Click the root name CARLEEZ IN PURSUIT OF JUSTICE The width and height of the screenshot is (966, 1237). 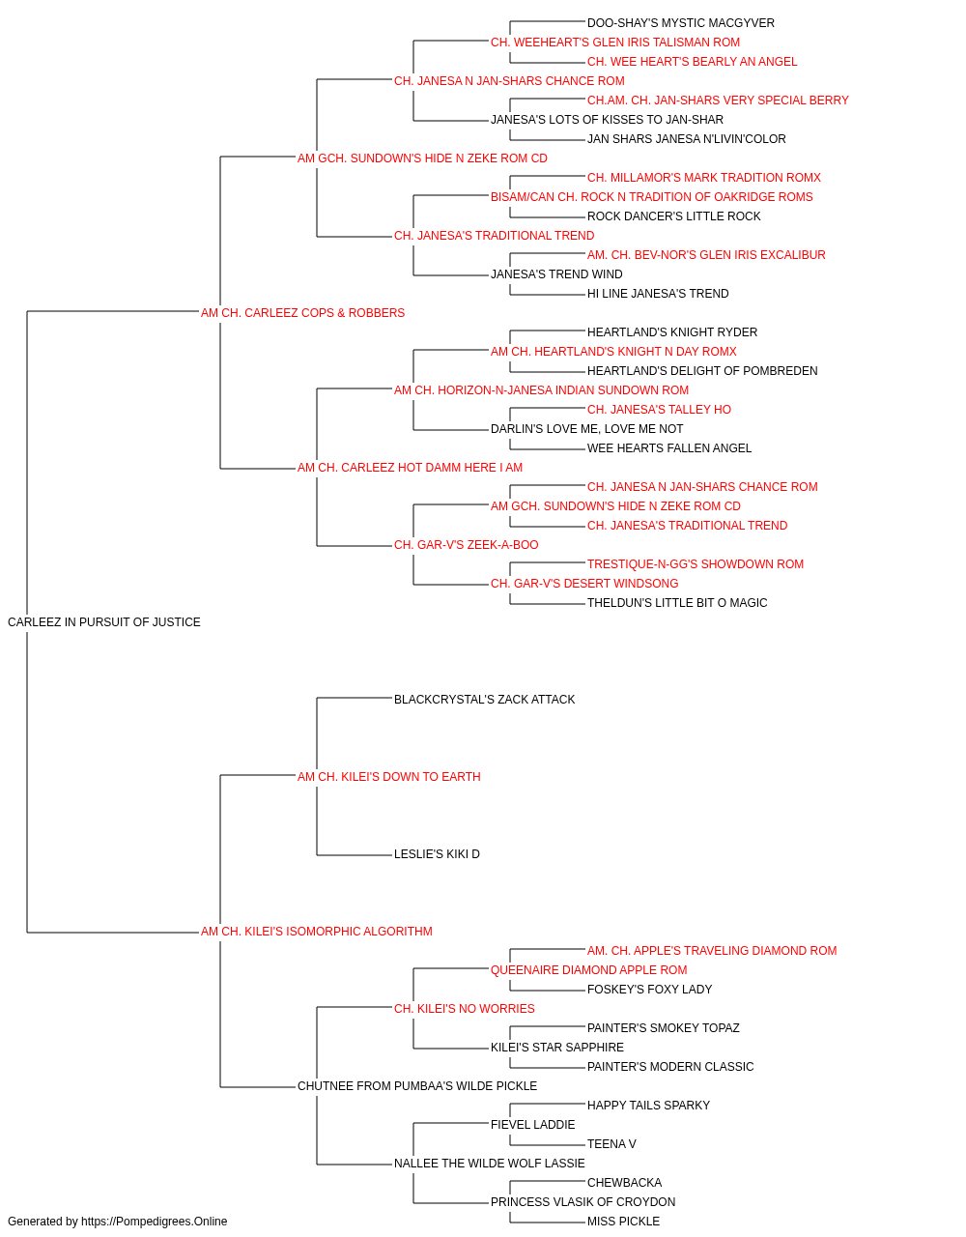[104, 622]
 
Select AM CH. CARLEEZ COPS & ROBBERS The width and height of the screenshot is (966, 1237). [302, 313]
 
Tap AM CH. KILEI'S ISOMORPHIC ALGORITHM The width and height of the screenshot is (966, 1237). [316, 932]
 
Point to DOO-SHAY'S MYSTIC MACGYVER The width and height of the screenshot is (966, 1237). [680, 23]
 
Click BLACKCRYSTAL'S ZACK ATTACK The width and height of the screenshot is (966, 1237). [484, 700]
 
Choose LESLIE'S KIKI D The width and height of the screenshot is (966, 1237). [437, 854]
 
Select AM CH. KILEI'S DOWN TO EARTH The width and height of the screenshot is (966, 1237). [388, 777]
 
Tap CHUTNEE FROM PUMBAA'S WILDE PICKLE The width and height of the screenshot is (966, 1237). [417, 1086]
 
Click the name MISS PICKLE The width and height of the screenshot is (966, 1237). [623, 1222]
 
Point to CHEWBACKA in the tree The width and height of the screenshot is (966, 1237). [624, 1183]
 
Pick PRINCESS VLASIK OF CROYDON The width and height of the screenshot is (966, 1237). [582, 1202]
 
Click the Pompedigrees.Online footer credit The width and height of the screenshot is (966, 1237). [117, 1222]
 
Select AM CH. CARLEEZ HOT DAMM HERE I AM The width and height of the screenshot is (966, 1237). [410, 468]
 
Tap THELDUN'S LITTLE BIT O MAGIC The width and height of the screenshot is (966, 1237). [677, 603]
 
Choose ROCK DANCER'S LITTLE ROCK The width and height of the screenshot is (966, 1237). [673, 216]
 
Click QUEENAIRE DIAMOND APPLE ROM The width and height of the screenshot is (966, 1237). [589, 970]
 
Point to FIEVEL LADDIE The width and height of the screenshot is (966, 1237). [532, 1125]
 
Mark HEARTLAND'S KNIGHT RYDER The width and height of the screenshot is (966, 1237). [672, 332]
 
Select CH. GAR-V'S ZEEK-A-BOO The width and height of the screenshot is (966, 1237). [466, 545]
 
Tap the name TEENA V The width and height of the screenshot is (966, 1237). [611, 1144]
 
